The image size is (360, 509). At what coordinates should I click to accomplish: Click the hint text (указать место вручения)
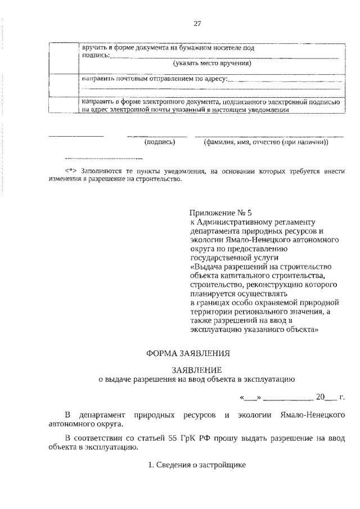[212, 64]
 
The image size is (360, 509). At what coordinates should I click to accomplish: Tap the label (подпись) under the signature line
[160, 143]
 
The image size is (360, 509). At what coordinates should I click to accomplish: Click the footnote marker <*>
[70, 170]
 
